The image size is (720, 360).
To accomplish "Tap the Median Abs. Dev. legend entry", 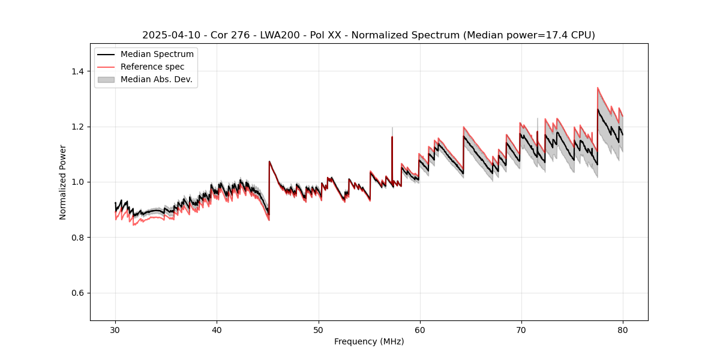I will [156, 79].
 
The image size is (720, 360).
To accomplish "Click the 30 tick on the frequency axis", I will [115, 330].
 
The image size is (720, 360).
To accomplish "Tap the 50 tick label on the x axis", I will [318, 330].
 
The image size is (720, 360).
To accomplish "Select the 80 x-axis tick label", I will [623, 330].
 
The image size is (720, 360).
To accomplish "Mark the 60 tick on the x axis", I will [419, 330].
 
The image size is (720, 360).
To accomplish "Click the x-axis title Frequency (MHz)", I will [369, 341].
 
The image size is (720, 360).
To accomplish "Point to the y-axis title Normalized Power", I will [63, 182].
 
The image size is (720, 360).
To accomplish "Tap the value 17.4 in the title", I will [548, 35].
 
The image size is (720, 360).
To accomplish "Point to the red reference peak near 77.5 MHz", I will [598, 88].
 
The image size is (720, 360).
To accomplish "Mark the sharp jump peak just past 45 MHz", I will [269, 161].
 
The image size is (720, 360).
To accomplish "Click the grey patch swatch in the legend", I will [106, 79].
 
